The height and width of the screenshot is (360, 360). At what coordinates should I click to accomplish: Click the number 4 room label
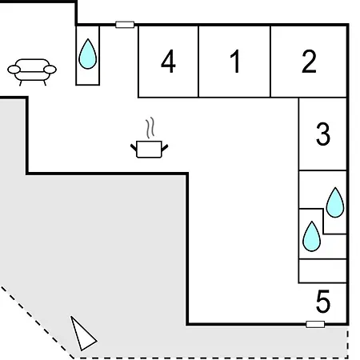(168, 62)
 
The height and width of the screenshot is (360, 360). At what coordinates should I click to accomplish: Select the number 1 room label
(235, 62)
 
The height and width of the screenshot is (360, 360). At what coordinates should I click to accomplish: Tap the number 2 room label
(309, 62)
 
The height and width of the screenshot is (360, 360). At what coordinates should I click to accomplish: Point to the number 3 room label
(323, 134)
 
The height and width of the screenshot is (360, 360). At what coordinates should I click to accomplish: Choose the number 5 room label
(323, 302)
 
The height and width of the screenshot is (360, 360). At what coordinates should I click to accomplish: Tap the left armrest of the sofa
(14, 70)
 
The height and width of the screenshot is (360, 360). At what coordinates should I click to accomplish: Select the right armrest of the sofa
(50, 70)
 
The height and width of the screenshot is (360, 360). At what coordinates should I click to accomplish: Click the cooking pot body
(149, 149)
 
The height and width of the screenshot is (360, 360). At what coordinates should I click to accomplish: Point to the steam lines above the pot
(150, 128)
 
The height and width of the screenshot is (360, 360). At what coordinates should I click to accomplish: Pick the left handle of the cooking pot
(134, 147)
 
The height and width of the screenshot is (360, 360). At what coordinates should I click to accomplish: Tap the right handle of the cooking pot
(165, 147)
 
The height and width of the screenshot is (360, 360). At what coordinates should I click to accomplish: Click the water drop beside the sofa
(88, 54)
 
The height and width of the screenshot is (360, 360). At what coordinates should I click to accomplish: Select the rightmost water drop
(335, 203)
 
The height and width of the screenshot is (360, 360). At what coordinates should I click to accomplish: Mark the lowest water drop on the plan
(312, 237)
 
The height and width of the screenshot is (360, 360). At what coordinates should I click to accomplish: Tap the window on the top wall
(125, 25)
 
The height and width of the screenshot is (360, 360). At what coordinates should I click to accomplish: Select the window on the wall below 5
(315, 324)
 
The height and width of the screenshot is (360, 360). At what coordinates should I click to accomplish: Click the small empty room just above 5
(322, 271)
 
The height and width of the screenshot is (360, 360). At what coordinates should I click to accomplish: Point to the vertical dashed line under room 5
(348, 344)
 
